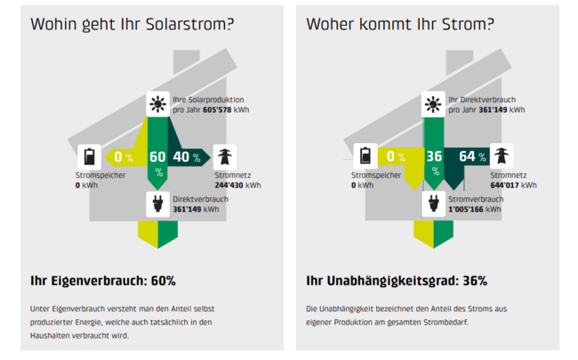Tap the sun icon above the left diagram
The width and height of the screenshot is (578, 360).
pos(158,105)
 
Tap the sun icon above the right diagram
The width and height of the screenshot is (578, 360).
pos(434,105)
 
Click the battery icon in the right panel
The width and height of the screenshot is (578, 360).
pos(365,156)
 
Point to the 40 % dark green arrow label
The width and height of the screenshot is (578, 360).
pos(187,157)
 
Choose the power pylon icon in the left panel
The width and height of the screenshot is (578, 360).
pos(224,156)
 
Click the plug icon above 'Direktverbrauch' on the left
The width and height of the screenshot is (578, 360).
pos(158,205)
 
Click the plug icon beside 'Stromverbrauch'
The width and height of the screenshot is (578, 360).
pos(434,205)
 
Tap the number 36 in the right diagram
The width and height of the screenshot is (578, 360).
pos(434,157)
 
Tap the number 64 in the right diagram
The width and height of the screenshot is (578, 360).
pos(469,157)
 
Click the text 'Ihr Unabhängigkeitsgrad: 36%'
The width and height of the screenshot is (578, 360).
pos(397,281)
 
